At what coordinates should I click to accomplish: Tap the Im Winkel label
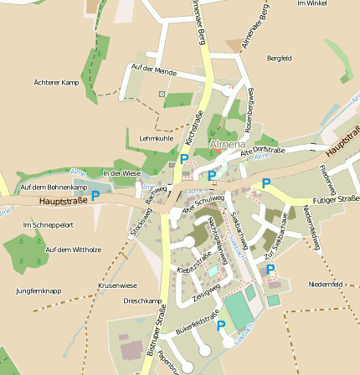click(311, 3)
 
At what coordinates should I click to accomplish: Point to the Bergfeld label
click(279, 58)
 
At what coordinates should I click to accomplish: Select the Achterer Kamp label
click(56, 82)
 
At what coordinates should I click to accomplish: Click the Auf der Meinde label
click(154, 69)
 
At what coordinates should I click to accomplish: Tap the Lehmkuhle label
click(157, 137)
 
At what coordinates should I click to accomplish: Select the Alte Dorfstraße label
click(263, 151)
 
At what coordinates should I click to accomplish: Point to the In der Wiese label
click(121, 172)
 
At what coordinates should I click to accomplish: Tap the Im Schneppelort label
click(48, 225)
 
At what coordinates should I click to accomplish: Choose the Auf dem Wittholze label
click(73, 249)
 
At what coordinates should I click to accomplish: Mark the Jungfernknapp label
click(39, 290)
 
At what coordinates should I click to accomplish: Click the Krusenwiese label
click(117, 285)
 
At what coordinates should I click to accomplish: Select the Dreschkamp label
click(142, 301)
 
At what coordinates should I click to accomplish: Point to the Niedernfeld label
click(326, 284)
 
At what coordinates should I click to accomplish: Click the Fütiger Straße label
click(336, 199)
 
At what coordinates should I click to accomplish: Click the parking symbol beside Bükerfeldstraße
click(221, 326)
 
